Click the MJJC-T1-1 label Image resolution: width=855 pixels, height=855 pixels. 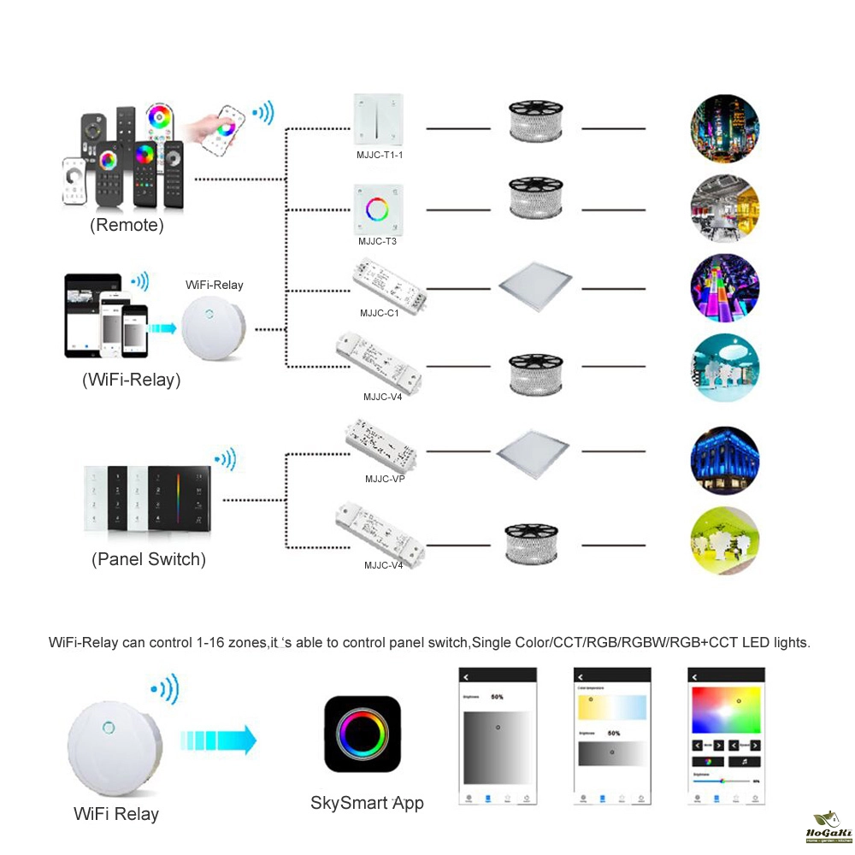pos(379,156)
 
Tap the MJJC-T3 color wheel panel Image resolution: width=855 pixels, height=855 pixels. pos(378,209)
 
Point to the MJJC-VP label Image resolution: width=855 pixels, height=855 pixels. pos(384,479)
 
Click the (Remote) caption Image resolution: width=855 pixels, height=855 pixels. pos(127,226)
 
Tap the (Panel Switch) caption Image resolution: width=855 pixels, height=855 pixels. pos(149,560)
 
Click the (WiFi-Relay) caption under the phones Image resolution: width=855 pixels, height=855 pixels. pos(131,380)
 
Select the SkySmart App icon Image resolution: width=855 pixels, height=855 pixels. pos(363,734)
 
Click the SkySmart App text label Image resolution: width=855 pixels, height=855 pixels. pos(367,802)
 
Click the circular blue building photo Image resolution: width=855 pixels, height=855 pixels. pos(724,462)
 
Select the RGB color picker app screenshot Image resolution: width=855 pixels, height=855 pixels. pos(725,735)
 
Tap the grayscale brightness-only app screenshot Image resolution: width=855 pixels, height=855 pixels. pos(498,735)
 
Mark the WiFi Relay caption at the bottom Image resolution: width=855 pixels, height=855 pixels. pos(116,814)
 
